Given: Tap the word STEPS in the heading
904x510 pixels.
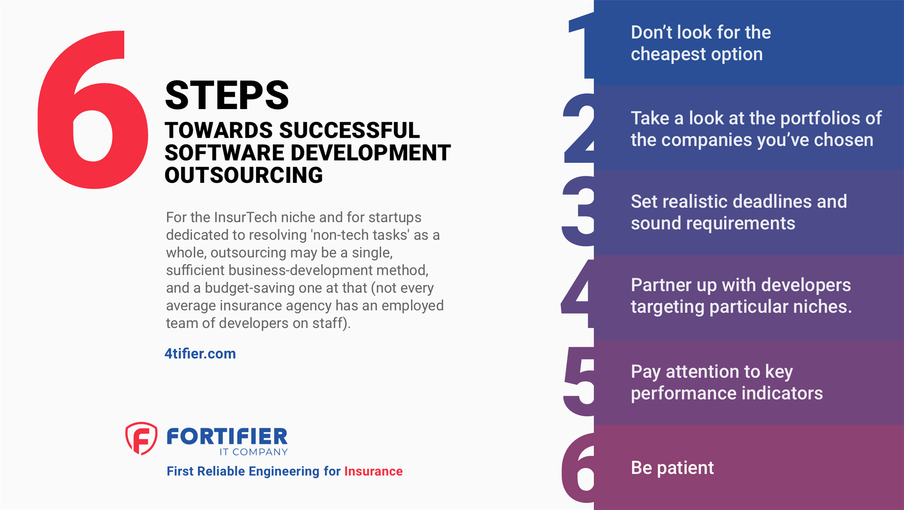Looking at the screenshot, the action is pos(227,95).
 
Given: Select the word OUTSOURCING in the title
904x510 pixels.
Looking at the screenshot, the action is pos(244,175).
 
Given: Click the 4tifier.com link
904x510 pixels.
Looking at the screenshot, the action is pos(200,354).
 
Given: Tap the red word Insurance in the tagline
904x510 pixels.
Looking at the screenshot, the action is pos(373,471).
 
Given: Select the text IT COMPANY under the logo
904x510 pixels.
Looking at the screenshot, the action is pos(253,452).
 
